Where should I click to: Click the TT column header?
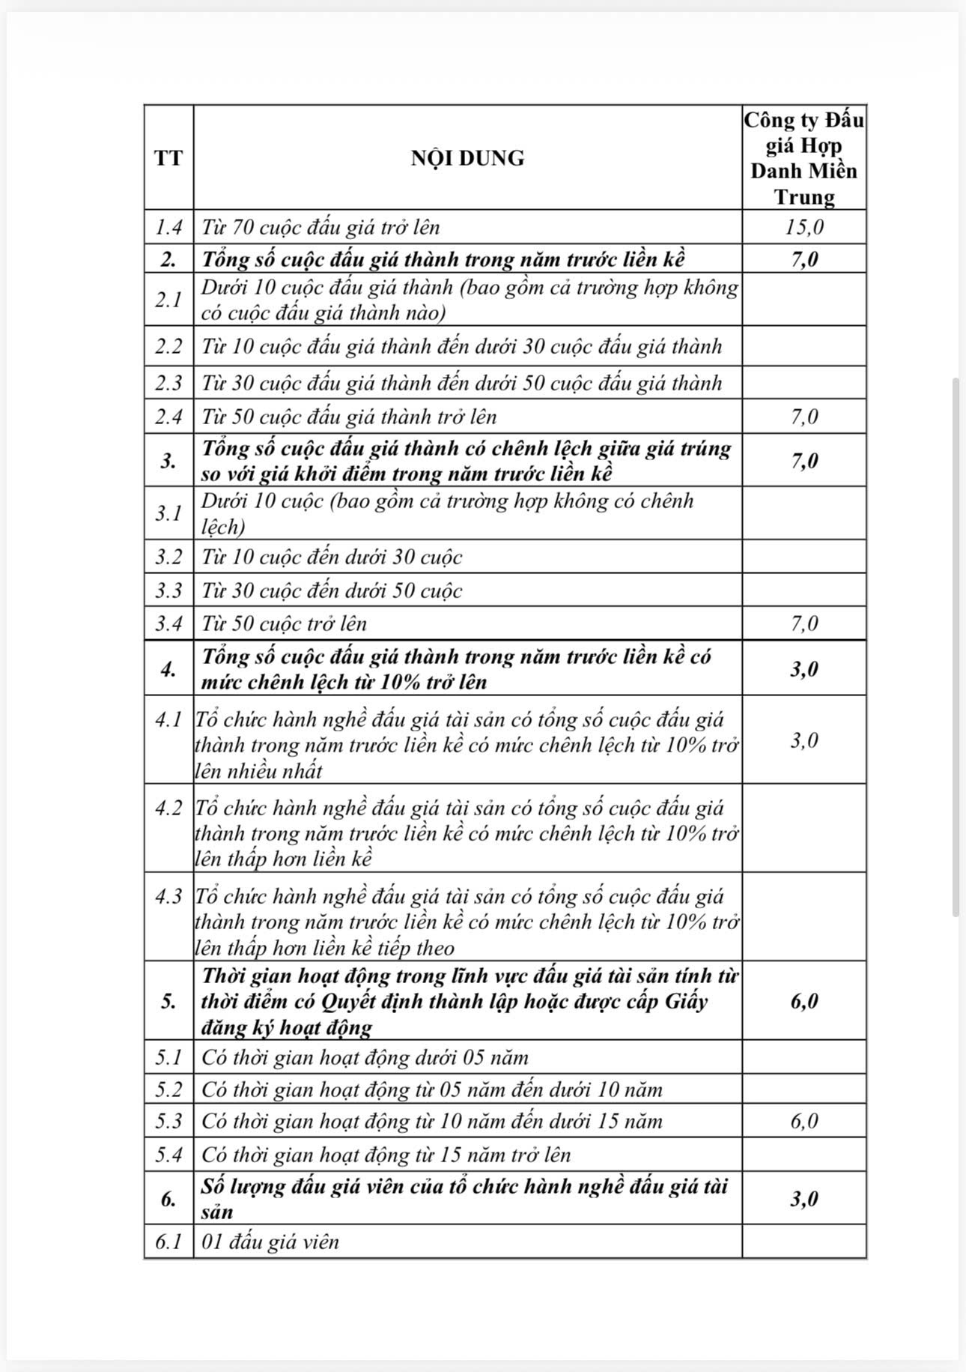pos(168,158)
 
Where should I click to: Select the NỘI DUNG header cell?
pos(467,158)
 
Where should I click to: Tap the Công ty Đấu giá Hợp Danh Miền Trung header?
pos(804,158)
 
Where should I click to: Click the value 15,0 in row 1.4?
pos(804,227)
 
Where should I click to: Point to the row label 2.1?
pos(168,299)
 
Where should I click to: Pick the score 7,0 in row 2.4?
pos(804,417)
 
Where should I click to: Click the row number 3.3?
pos(168,590)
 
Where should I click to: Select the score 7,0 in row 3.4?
pos(804,623)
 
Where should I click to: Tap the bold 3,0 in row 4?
pos(804,668)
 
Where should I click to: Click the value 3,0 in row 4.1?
pos(804,740)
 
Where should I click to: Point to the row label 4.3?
pos(168,897)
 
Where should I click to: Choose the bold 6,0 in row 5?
pos(804,1001)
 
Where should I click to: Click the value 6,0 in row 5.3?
pos(804,1121)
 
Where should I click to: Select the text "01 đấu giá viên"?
pos(270,1242)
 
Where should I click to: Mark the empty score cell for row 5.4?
pos(804,1155)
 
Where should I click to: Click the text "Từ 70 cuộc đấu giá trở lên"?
pos(321,227)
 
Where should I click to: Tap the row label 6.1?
pos(168,1242)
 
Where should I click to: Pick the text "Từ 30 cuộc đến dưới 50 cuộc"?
pos(332,590)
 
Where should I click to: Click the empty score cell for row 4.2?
pos(804,828)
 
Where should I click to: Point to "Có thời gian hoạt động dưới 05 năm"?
pos(365,1057)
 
